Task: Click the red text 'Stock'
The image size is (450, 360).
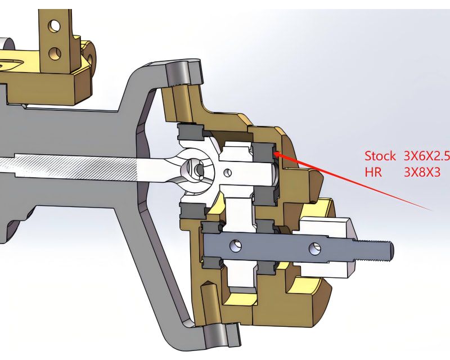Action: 380,156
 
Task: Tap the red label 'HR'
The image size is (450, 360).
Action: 373,172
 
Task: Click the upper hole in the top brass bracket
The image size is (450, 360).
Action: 55,25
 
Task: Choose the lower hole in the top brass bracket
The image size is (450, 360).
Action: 55,53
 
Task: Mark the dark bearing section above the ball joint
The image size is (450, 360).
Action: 190,132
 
